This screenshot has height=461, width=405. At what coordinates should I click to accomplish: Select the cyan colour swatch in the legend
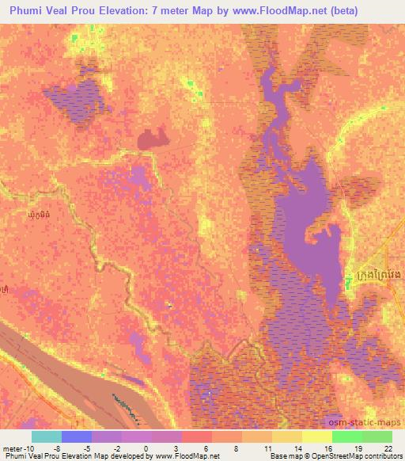[47, 436]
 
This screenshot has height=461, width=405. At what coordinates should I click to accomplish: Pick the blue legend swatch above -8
[77, 436]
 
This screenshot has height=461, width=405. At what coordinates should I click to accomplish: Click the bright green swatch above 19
[347, 436]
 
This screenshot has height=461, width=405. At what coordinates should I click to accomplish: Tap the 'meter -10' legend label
[18, 448]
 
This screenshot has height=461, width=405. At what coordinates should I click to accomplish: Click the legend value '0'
[146, 448]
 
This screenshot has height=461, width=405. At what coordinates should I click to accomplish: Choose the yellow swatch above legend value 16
[317, 436]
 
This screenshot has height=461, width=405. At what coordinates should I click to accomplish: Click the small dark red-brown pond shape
[151, 140]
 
